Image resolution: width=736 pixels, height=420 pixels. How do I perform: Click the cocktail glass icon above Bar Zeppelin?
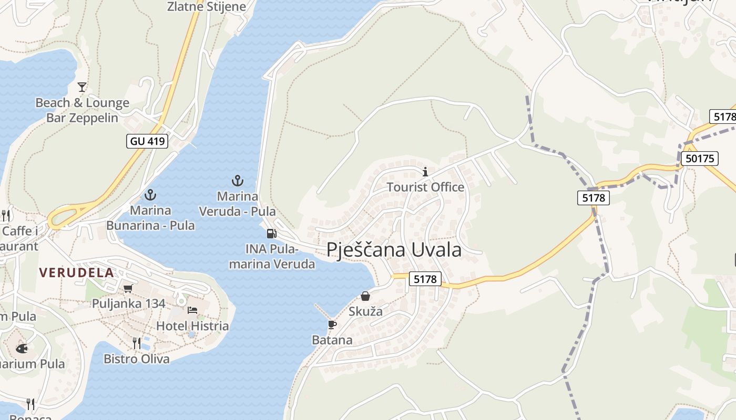point(82,87)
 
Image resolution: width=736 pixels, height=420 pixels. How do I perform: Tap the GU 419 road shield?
point(147,141)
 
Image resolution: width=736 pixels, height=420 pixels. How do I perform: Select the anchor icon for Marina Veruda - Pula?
point(238,181)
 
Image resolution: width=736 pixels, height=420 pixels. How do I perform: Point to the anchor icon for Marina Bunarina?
point(150,195)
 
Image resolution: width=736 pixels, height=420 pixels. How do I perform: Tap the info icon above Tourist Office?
point(425,172)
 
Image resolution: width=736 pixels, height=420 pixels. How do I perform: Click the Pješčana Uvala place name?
point(394,250)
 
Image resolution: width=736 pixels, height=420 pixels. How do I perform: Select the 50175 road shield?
point(699,159)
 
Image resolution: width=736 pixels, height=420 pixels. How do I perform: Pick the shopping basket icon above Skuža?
point(365,296)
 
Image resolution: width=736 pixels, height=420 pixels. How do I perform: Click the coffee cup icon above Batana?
point(332,324)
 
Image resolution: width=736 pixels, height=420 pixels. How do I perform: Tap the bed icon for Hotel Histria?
point(192,310)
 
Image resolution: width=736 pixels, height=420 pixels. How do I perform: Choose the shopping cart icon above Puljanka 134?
point(128,288)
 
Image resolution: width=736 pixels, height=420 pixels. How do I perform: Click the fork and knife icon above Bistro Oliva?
point(137,343)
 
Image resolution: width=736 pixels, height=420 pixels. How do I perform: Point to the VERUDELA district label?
point(76,272)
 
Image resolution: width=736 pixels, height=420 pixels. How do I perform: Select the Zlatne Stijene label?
point(207,7)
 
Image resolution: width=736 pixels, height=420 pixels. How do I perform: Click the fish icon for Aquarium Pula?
point(21,348)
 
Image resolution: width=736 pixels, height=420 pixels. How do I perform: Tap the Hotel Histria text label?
point(192,326)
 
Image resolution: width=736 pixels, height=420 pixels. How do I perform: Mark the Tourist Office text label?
point(425,187)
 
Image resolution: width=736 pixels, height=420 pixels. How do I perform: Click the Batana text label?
point(332,340)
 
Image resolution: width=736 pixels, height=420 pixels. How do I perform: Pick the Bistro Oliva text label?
point(137,359)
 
